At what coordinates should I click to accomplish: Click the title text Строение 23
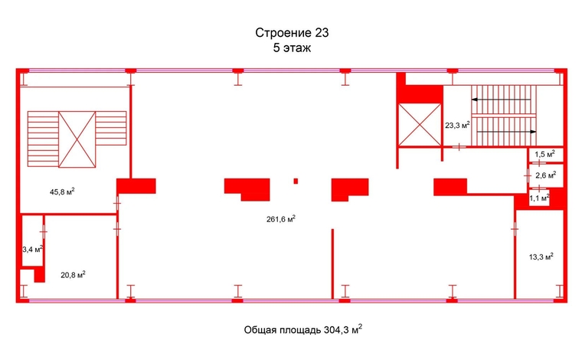point(292,33)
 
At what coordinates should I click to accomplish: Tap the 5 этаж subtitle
point(292,48)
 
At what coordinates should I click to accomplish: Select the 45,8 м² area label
point(62,191)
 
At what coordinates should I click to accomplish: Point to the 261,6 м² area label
point(280,219)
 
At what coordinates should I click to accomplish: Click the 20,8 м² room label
point(73,275)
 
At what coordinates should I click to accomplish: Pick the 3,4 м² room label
point(33,249)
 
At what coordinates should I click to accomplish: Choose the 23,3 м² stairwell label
point(457,125)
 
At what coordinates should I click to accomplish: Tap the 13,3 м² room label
point(541,257)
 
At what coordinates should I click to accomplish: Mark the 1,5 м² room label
point(544,154)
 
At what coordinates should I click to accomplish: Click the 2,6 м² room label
point(545,175)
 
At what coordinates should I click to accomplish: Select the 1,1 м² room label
point(539,198)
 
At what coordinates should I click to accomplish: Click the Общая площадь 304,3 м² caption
point(303,329)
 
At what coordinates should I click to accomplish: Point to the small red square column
point(296,181)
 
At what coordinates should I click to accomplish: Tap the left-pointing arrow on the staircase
point(501,100)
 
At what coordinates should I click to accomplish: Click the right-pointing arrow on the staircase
point(507,132)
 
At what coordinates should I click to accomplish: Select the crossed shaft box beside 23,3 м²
point(420,124)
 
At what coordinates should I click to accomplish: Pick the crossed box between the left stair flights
point(77,139)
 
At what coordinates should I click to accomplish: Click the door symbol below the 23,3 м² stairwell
point(459,147)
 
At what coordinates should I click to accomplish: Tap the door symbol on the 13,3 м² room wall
point(515,229)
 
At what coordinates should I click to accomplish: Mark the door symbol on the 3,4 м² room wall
point(44,232)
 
